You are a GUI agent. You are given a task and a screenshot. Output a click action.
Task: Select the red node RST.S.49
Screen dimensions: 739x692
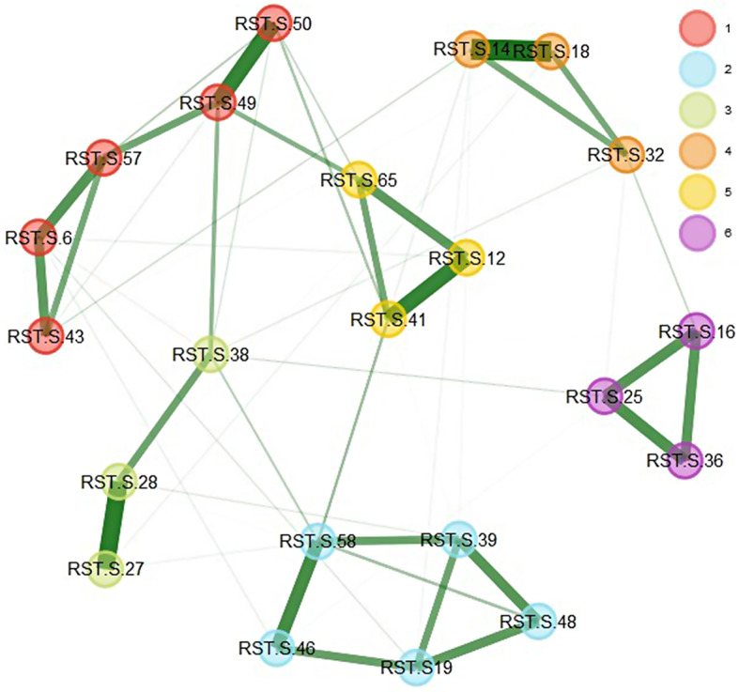click(x=218, y=102)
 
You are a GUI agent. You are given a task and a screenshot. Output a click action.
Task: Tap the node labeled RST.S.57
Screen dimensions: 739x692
click(x=104, y=158)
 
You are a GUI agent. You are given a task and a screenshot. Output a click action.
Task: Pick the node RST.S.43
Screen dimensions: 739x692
click(x=45, y=334)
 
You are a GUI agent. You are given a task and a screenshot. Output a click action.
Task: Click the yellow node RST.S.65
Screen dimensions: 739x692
click(x=359, y=179)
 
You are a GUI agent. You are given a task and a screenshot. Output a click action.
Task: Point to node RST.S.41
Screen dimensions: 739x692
click(x=388, y=319)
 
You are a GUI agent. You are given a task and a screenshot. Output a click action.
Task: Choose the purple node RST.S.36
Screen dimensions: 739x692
click(x=686, y=461)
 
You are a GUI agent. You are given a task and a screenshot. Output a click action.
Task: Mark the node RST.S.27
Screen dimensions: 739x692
click(x=106, y=568)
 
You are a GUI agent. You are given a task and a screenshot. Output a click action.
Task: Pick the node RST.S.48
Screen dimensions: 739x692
click(x=539, y=621)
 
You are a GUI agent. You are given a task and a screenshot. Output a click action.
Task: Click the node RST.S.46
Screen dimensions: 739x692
click(x=278, y=648)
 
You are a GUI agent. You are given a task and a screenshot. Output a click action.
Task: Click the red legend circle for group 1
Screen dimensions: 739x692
click(x=697, y=31)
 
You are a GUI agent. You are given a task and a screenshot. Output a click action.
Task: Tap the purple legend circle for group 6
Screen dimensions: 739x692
click(x=697, y=234)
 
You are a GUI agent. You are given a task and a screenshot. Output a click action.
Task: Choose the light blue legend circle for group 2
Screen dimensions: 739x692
click(x=697, y=71)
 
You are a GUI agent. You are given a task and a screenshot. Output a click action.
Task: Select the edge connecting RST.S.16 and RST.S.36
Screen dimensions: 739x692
click(x=692, y=396)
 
